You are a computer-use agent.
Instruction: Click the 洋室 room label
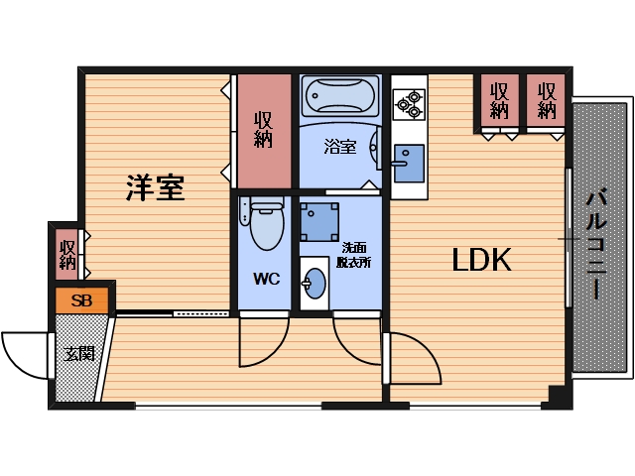point(156,187)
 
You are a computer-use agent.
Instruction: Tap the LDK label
point(481,261)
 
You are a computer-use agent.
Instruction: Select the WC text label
point(265,280)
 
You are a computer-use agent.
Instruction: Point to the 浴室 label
point(340,147)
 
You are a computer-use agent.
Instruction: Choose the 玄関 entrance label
point(79,353)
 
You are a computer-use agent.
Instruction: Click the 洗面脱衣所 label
point(353,255)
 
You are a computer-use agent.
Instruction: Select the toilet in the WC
point(265,225)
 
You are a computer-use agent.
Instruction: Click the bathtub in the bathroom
point(339,97)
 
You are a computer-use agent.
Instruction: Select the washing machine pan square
point(320,220)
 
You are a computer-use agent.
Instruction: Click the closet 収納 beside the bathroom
point(263,130)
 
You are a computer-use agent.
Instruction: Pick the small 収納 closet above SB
point(67,253)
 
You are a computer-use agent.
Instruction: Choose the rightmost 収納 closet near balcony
point(547,99)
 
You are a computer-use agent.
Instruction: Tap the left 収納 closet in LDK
point(499,99)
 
